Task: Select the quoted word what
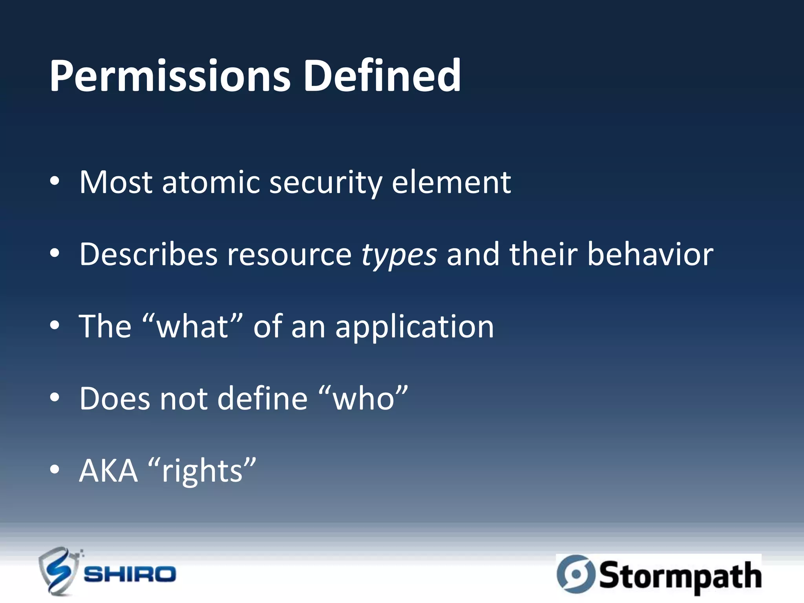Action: [192, 327]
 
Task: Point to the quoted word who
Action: [364, 398]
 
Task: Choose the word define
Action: [262, 398]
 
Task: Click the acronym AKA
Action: [108, 471]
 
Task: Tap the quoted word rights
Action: [202, 471]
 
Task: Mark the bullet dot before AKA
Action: [55, 469]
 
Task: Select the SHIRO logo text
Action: [130, 574]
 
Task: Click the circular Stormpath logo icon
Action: [576, 574]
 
